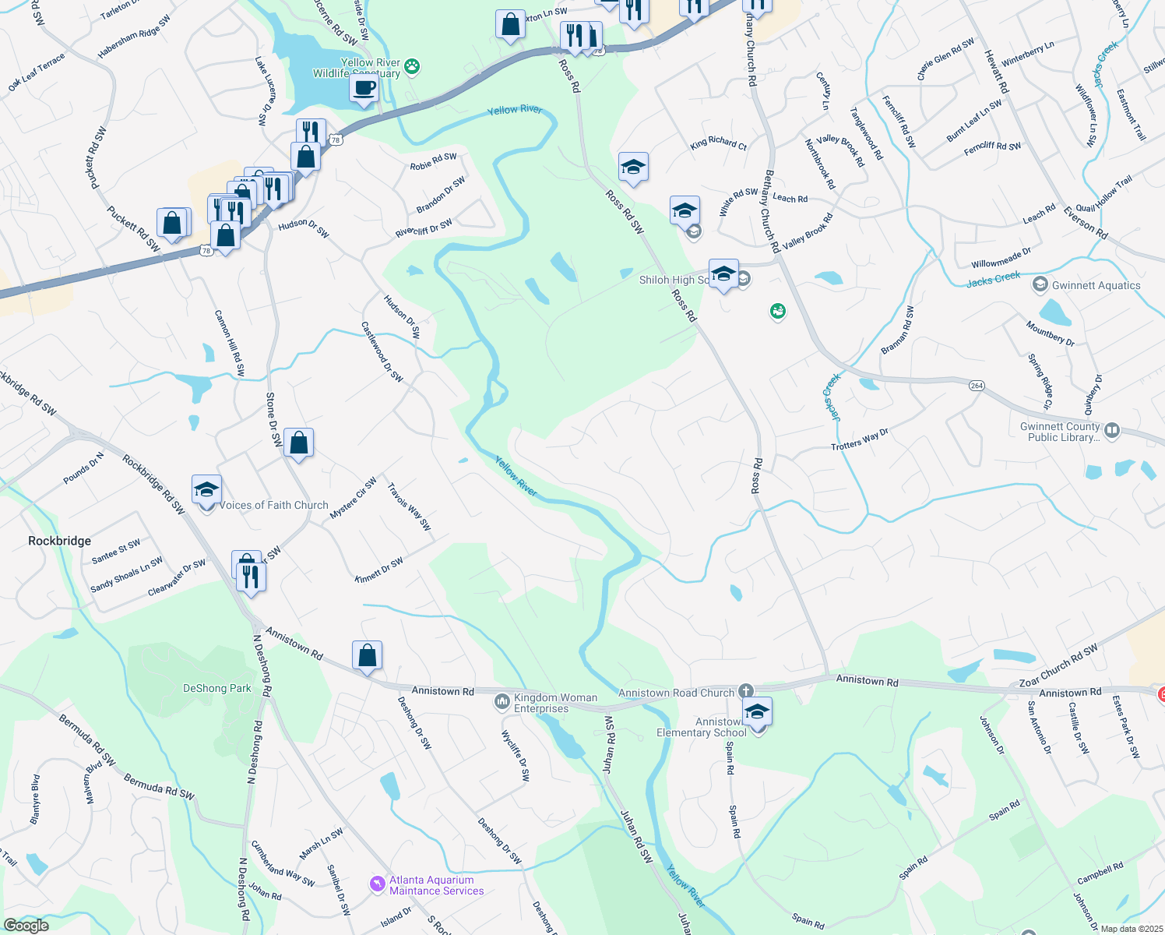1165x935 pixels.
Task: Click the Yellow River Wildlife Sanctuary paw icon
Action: pos(412,68)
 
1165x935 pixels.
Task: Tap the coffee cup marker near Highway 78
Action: pos(364,87)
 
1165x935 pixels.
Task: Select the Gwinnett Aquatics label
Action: pos(1096,286)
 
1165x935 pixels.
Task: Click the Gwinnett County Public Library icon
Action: pos(1112,430)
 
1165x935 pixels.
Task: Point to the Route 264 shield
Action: pos(977,386)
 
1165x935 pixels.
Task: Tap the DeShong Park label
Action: pos(217,689)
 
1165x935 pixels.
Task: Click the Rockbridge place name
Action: pos(59,541)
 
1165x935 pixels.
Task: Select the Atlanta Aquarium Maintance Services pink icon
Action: pos(378,884)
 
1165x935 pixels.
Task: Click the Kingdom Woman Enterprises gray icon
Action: pos(502,702)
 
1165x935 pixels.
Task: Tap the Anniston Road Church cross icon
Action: pos(745,691)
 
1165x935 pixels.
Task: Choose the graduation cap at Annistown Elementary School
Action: pos(756,711)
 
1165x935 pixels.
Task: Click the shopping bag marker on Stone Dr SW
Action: pos(298,443)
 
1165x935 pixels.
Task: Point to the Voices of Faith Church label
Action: pos(273,506)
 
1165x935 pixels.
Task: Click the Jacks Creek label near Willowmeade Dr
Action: pos(993,279)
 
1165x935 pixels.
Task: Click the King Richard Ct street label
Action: pos(718,143)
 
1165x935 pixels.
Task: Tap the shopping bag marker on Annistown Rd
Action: pos(367,655)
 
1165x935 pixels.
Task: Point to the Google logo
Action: pos(26,926)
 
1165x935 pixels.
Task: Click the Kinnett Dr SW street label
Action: pos(379,570)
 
